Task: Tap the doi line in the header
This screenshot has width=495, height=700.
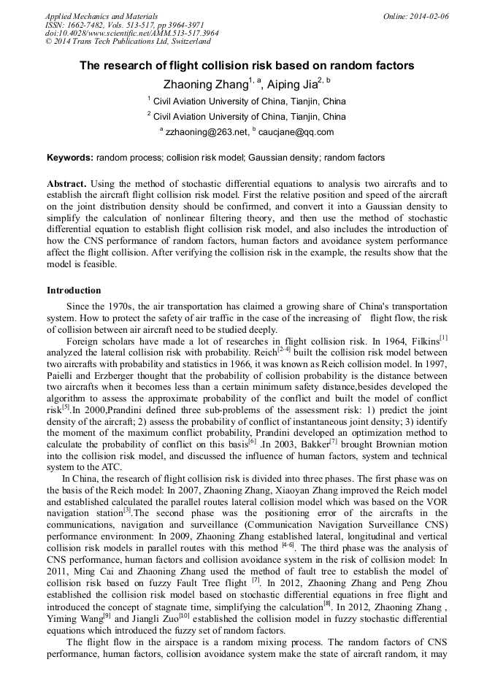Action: pyautogui.click(x=131, y=33)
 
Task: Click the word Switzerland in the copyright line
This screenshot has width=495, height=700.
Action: pyautogui.click(x=188, y=42)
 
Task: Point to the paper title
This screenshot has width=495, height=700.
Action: pyautogui.click(x=247, y=66)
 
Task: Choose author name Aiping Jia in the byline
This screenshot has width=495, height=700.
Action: pyautogui.click(x=296, y=84)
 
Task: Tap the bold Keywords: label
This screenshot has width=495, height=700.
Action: pyautogui.click(x=70, y=157)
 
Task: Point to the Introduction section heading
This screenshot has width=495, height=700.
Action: pyautogui.click(x=74, y=291)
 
